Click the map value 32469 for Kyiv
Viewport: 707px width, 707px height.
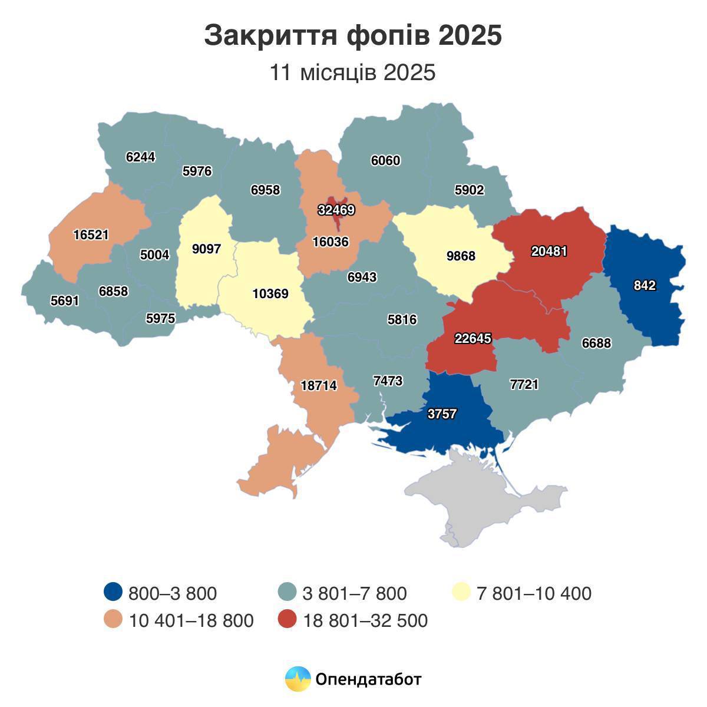pos(336,210)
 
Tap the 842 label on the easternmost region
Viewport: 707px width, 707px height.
pos(645,286)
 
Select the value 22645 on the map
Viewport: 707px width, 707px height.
pos(473,339)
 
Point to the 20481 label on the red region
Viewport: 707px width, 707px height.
pos(549,251)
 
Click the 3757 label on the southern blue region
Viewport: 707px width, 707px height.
pos(442,414)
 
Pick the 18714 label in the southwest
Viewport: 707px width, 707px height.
pos(318,386)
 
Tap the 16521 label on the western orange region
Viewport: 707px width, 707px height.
pos(91,235)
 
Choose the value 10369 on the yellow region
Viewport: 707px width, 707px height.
pos(270,293)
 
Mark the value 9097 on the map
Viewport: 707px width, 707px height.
pos(206,249)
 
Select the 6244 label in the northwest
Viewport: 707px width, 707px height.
pos(141,157)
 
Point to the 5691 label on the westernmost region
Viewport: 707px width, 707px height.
pos(64,300)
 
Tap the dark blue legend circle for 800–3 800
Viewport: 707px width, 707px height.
pos(113,592)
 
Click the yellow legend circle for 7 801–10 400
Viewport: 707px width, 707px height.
pos(461,592)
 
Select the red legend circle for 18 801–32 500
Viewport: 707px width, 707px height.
pos(287,620)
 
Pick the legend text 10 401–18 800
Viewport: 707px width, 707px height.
pos(191,620)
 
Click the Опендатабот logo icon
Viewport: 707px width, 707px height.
pos(298,679)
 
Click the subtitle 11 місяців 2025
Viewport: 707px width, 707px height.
pos(353,72)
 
